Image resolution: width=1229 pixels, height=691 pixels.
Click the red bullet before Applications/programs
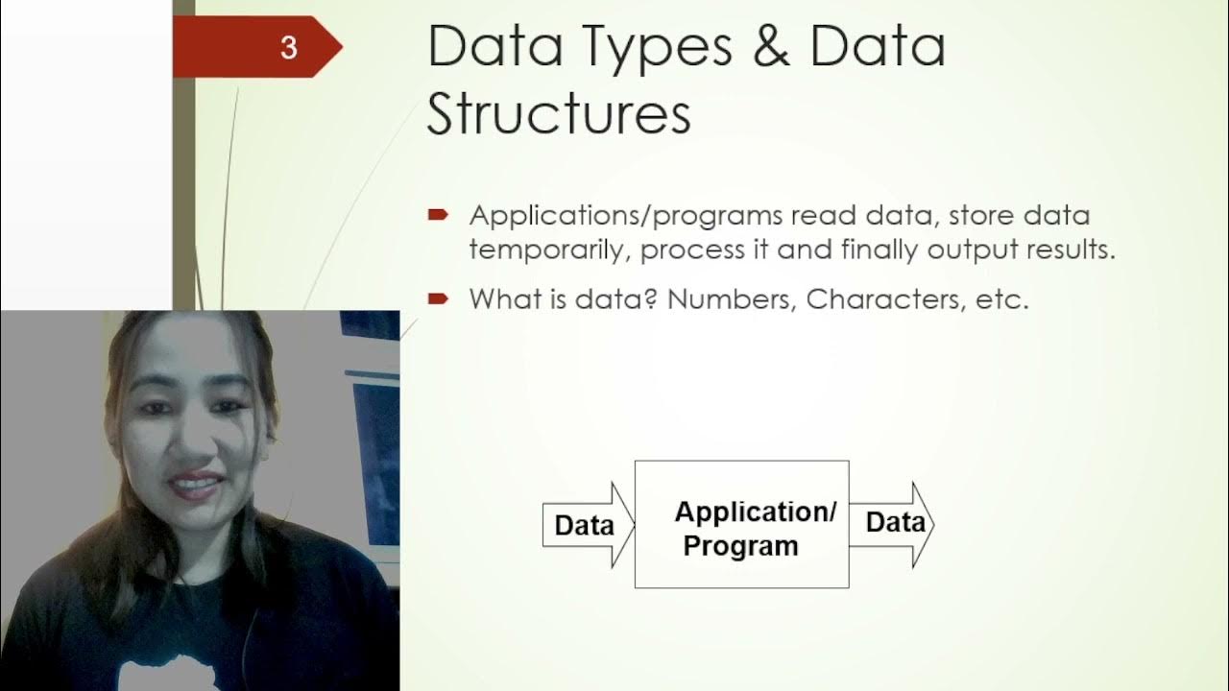pos(438,216)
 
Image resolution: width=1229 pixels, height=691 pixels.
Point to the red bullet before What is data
pos(438,299)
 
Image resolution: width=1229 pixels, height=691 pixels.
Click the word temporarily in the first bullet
pos(550,250)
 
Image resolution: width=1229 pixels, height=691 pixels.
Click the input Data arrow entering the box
pos(587,526)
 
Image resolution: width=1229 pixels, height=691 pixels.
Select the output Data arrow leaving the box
pos(893,523)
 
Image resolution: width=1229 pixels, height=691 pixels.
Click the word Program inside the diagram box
pos(740,546)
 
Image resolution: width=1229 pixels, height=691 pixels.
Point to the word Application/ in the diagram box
pos(756,512)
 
